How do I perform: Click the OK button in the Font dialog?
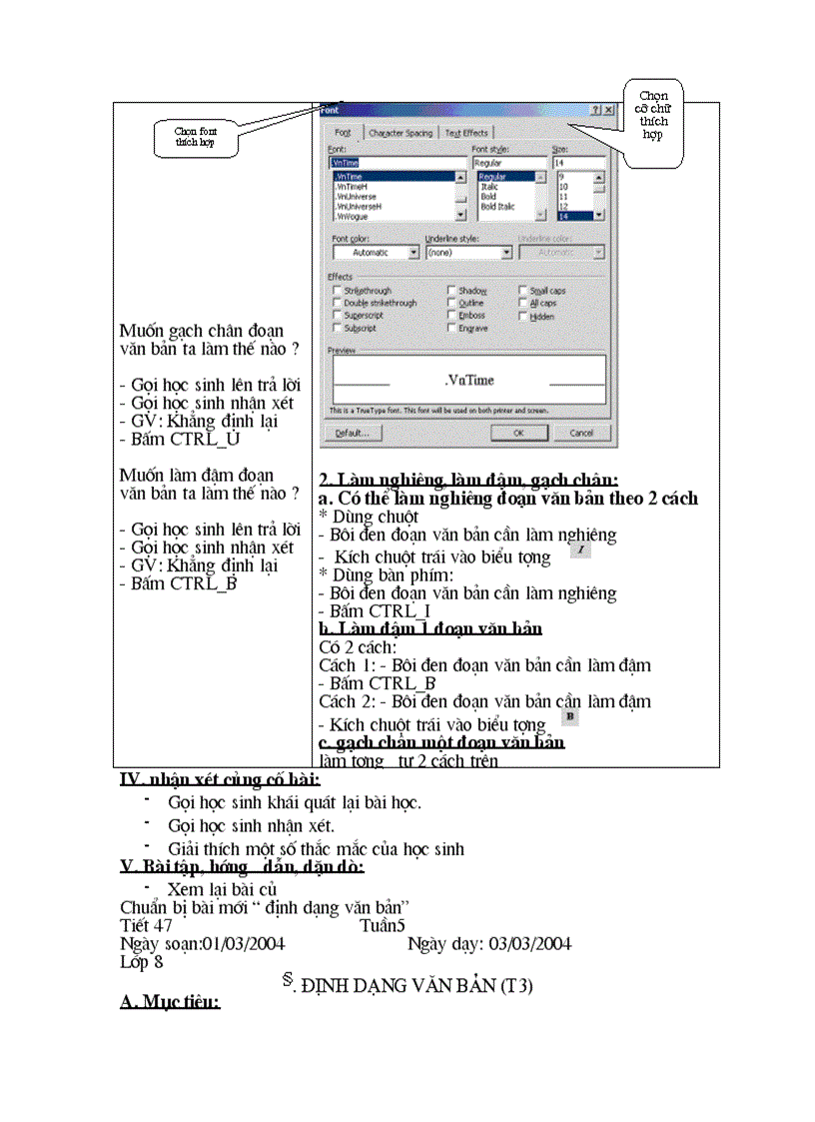click(x=518, y=434)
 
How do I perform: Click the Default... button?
click(x=353, y=434)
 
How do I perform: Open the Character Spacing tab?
click(x=401, y=133)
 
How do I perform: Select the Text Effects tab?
click(x=466, y=133)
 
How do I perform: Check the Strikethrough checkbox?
click(x=337, y=291)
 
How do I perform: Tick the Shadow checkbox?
click(x=451, y=291)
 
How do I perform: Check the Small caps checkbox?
click(x=522, y=291)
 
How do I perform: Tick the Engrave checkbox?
click(x=451, y=327)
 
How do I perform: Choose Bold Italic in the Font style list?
click(x=497, y=207)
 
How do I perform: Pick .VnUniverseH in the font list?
click(x=360, y=206)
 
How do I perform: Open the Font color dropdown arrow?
click(x=412, y=253)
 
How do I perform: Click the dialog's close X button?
click(x=608, y=111)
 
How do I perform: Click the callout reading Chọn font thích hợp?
click(x=195, y=138)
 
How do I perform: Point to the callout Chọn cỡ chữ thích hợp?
click(x=654, y=116)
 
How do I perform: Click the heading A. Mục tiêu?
click(x=170, y=1002)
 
